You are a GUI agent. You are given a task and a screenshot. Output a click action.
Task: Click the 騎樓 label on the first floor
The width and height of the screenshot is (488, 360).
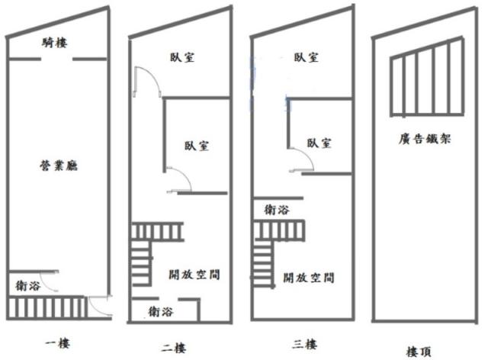54,43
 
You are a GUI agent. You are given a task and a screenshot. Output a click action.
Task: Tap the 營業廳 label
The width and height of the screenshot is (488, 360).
59,166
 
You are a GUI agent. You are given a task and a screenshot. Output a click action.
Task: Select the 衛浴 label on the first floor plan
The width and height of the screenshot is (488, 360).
28,285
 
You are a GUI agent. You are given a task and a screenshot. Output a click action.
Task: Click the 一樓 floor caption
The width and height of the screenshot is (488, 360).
58,343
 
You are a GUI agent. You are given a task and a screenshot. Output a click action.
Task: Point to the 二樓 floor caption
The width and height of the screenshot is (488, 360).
174,348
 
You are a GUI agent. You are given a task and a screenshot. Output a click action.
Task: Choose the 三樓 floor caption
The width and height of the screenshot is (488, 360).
305,345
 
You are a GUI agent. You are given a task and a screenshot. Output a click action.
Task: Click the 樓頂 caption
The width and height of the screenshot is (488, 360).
419,352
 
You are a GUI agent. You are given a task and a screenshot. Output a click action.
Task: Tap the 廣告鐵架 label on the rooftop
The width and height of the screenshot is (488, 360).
425,139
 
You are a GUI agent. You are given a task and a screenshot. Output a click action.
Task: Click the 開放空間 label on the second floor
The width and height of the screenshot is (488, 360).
194,275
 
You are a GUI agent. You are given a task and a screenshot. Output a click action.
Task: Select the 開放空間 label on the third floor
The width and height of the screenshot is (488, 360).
309,278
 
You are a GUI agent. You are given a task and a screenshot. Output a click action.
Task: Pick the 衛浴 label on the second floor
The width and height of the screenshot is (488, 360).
161,311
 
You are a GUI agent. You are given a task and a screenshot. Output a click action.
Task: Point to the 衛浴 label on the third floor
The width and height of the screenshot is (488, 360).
277,210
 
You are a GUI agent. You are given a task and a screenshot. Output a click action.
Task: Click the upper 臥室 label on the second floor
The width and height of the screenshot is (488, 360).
182,57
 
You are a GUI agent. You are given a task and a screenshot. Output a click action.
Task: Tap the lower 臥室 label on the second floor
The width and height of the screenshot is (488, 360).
197,146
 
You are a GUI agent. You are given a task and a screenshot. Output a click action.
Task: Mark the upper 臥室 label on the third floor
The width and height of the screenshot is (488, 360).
307,57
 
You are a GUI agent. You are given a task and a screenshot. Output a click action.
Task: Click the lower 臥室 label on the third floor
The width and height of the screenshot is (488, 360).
319,143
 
